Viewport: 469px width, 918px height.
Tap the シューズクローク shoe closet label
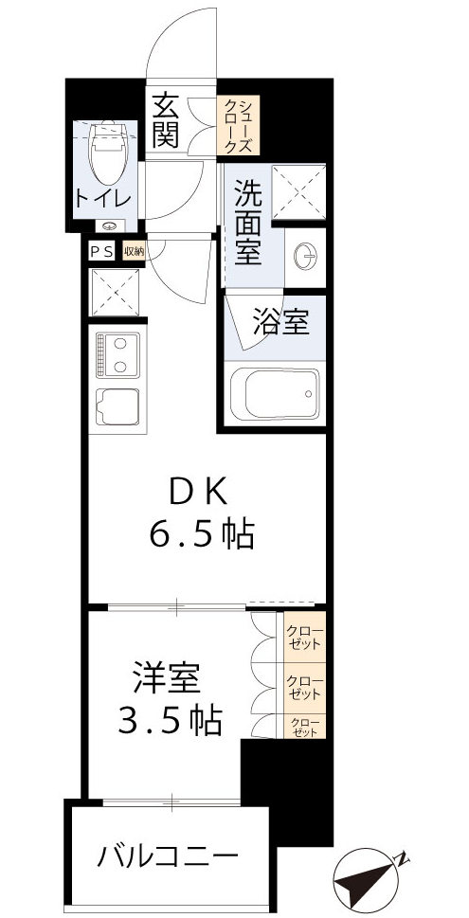(233, 126)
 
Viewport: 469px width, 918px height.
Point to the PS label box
(100, 251)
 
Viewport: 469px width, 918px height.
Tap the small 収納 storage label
(133, 251)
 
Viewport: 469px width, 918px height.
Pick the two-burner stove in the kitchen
(117, 354)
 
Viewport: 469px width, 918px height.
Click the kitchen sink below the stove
(117, 408)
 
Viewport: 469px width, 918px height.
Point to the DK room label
(200, 494)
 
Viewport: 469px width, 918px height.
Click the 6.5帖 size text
(200, 536)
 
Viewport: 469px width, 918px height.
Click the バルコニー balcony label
(167, 858)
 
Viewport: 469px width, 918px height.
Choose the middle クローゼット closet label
(304, 685)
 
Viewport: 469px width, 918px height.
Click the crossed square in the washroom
(298, 192)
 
